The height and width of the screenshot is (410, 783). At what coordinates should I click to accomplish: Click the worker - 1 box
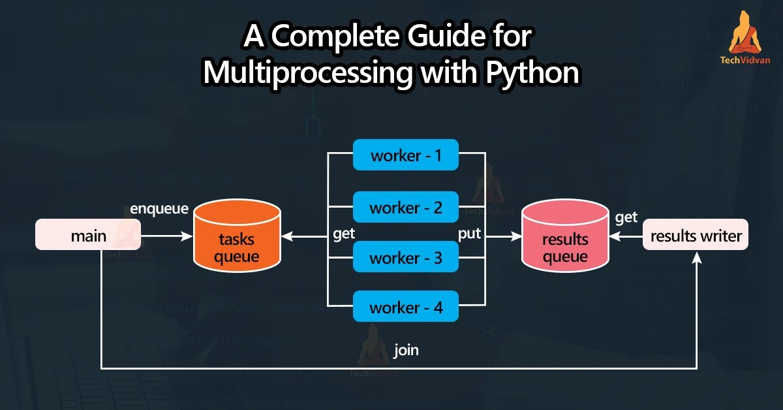coord(406,156)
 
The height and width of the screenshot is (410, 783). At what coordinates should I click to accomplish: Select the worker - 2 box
coord(406,208)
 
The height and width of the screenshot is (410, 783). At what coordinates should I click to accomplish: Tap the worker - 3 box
coord(406,258)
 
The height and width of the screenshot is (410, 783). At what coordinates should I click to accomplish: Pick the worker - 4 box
coord(406,307)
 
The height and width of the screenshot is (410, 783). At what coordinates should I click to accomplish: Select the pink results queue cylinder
coord(565,238)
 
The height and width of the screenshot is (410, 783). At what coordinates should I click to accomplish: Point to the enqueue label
coord(159,209)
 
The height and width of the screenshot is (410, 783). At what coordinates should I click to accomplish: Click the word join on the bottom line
coord(406,351)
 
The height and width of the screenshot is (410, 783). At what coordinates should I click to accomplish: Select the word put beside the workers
coord(469,234)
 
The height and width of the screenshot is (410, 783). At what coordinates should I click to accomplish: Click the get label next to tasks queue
coord(344,234)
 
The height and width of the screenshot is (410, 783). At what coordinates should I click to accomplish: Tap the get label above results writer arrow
coord(626,217)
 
